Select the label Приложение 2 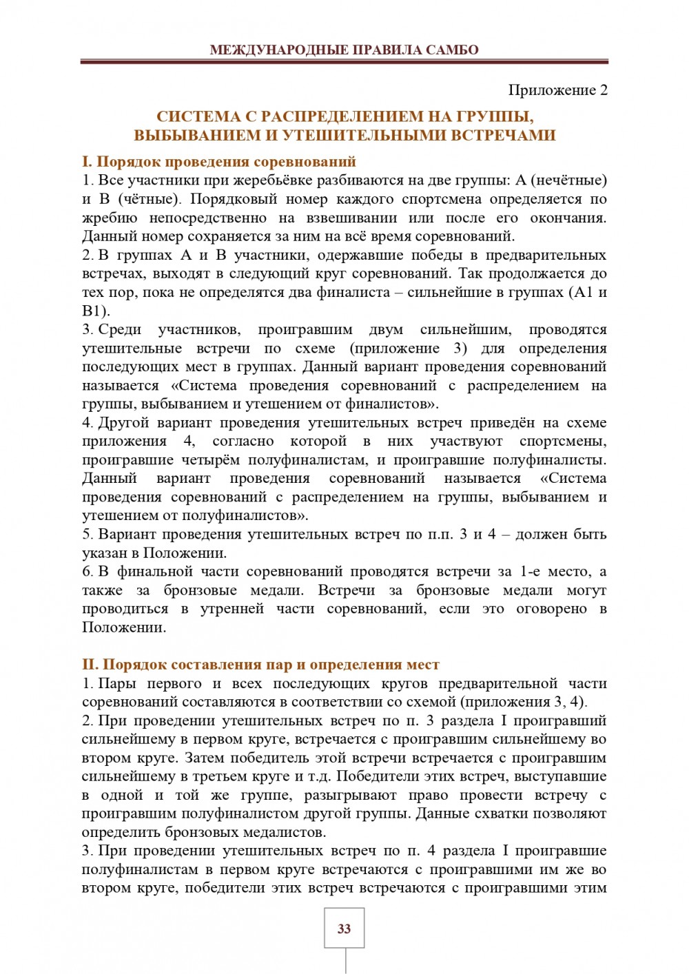point(557,90)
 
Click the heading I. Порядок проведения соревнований point(219,162)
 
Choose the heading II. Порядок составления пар point(260,665)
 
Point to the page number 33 point(344,929)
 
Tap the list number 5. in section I point(88,534)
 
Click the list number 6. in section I point(88,571)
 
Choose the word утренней point(232,608)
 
